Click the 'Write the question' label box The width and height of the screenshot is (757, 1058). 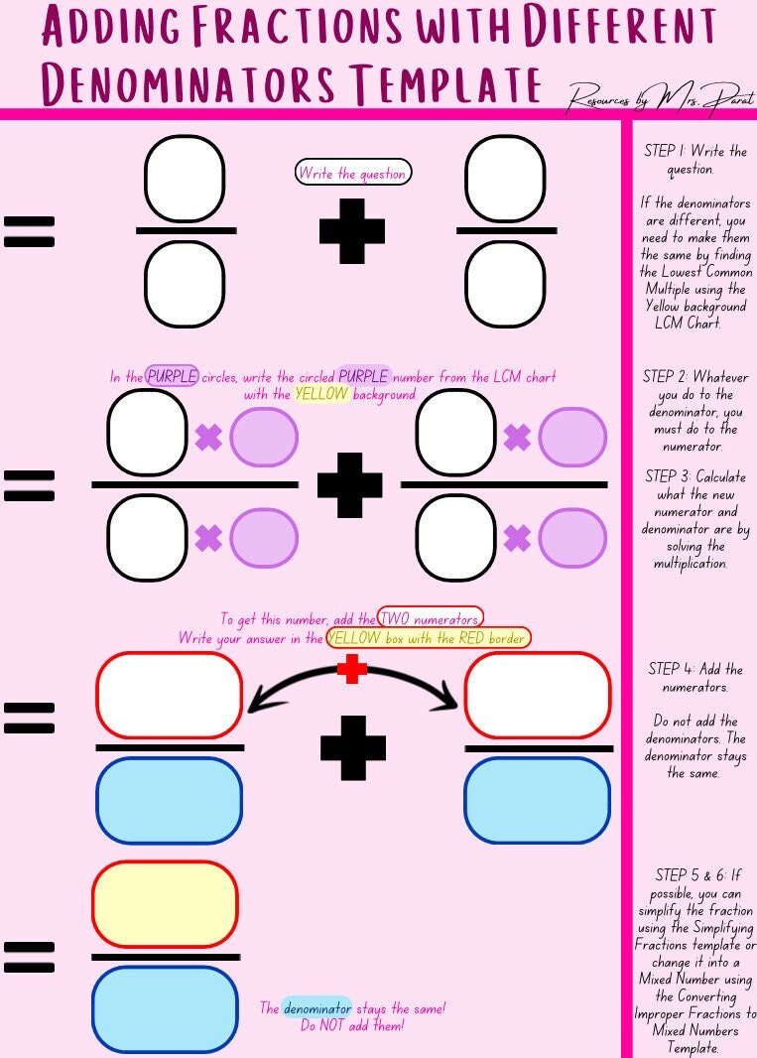tap(353, 173)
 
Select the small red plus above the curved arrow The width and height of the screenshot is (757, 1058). tap(352, 670)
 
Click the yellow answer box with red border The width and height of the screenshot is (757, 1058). tap(166, 904)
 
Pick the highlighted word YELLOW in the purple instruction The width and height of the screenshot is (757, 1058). tap(322, 394)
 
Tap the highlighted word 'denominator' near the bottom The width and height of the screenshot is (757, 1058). tap(316, 1008)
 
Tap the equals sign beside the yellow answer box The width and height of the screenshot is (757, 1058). tap(30, 956)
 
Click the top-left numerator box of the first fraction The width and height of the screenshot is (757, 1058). tap(185, 180)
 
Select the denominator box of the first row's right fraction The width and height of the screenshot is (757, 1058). tap(505, 284)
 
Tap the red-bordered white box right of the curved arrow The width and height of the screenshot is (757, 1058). tap(538, 695)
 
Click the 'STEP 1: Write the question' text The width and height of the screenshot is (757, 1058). tap(694, 160)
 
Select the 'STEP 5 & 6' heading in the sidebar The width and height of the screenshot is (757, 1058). tap(696, 875)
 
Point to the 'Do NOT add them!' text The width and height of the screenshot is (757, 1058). tap(352, 1025)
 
